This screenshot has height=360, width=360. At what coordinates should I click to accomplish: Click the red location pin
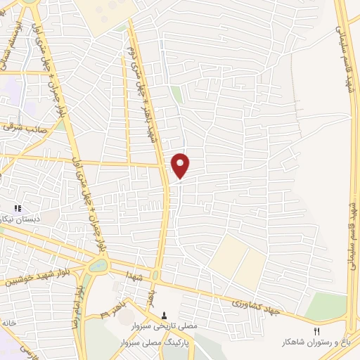[181, 165]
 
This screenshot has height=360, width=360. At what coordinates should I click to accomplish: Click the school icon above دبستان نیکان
[18, 209]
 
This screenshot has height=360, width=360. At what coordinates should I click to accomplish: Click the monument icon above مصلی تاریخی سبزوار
[165, 316]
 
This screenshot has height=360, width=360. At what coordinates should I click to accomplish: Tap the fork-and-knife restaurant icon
[316, 331]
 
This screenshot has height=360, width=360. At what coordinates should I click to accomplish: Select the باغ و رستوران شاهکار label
[316, 342]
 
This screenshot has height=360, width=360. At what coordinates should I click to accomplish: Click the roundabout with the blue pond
[98, 266]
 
